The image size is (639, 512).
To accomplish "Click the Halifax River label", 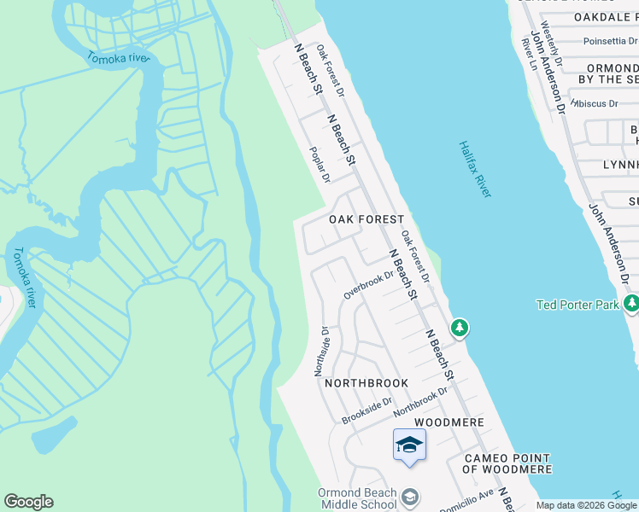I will [475, 170].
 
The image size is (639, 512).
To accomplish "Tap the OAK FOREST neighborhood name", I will [366, 220].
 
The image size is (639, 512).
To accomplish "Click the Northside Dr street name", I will [321, 350].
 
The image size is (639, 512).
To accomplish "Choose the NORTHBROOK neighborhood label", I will [366, 384].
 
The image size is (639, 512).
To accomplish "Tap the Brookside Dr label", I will [366, 410].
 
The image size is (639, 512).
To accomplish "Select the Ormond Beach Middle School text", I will [357, 499].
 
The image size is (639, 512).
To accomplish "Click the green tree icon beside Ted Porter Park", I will [631, 304].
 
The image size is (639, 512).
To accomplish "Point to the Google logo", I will [28, 502].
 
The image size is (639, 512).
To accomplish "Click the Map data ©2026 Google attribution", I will [587, 505].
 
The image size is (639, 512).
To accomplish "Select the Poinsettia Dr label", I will [611, 41].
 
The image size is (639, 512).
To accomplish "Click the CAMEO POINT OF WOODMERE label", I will [507, 463].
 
